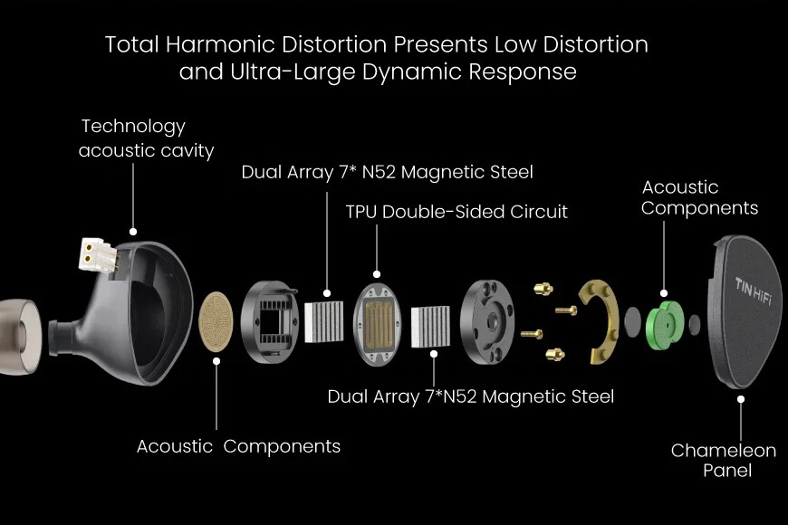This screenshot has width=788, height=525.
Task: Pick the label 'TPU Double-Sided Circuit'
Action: click(456, 212)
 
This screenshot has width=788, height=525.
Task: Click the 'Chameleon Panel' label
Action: click(723, 460)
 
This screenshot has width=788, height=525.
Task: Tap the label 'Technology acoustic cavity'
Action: click(146, 138)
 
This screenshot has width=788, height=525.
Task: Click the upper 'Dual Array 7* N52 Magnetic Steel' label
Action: click(387, 172)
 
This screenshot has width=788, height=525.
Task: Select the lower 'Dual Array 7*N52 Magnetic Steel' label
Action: click(470, 396)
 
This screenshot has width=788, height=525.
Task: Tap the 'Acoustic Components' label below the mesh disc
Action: click(238, 445)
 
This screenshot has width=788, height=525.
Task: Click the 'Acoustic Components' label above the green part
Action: click(699, 197)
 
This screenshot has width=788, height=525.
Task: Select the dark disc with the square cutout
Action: click(271, 321)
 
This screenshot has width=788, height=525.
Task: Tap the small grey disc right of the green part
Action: click(694, 323)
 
